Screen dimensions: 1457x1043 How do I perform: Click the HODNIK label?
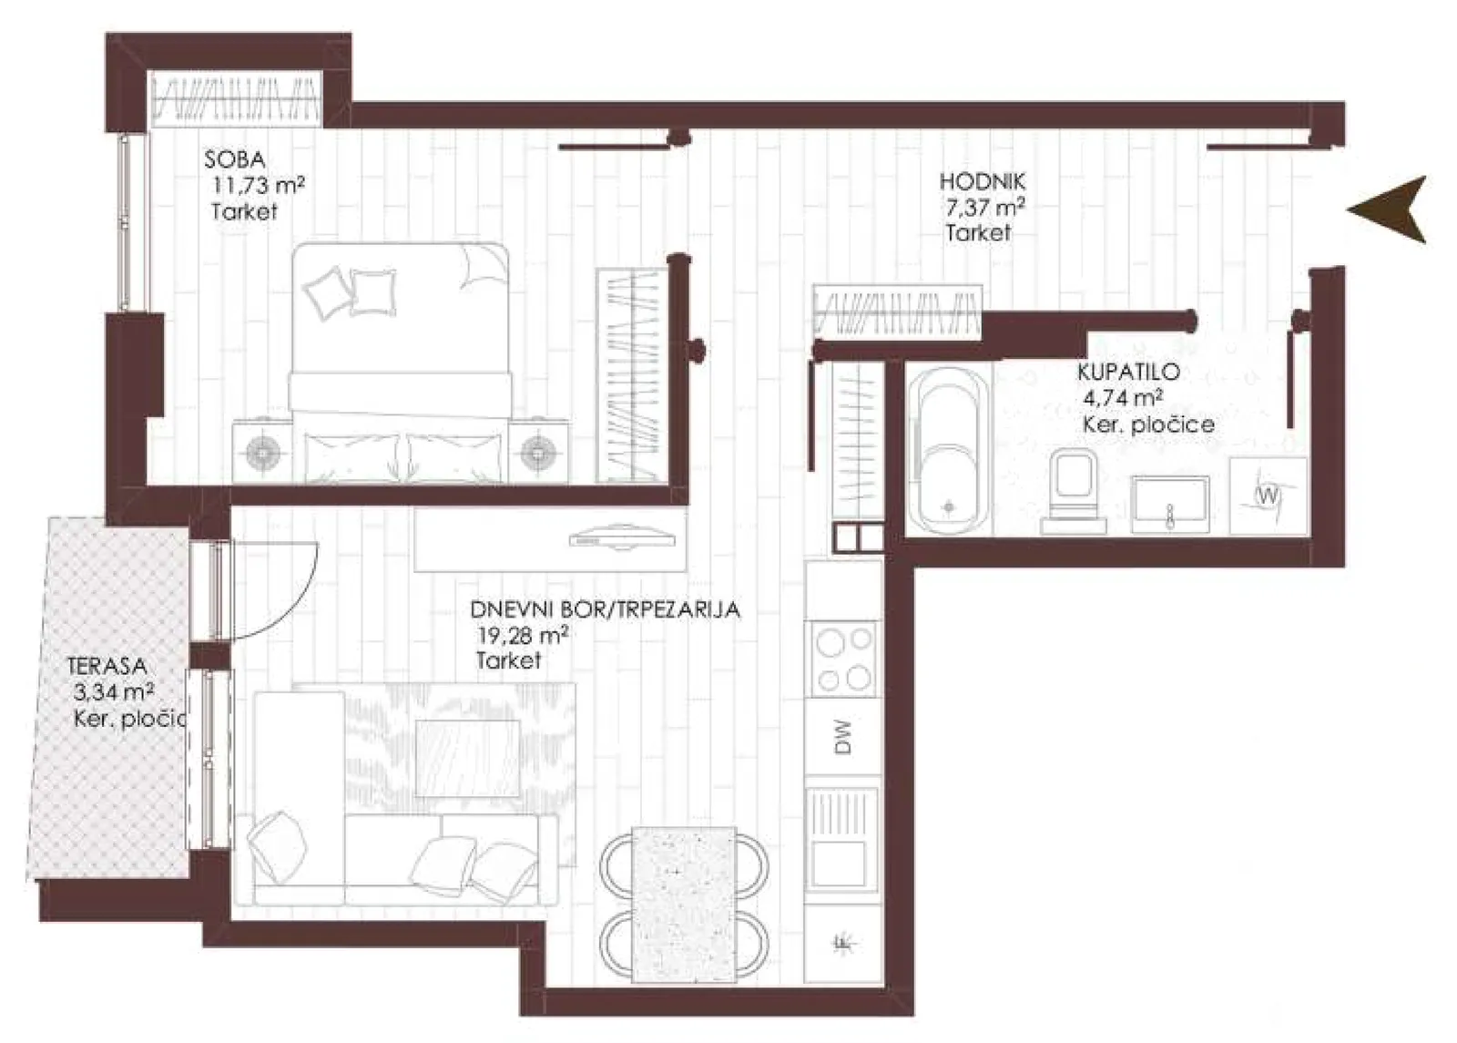(983, 181)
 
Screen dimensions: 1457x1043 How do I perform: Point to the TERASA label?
(107, 666)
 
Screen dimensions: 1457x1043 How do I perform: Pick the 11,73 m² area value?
(259, 186)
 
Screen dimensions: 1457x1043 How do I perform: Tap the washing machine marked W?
(1268, 496)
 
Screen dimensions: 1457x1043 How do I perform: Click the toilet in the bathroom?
(1074, 492)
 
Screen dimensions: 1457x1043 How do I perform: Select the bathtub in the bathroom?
(949, 450)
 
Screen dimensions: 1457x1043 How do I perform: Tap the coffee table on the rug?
(468, 759)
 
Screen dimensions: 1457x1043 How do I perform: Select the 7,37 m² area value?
(985, 209)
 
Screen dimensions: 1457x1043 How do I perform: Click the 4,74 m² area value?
(1124, 397)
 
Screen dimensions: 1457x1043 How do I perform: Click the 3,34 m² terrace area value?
(114, 691)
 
